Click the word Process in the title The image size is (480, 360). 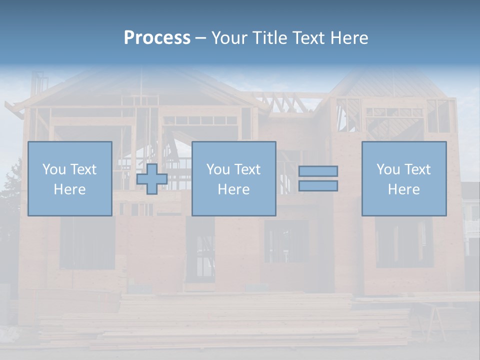click(157, 38)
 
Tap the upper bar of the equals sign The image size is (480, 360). click(318, 171)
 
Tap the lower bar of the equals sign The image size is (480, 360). click(318, 186)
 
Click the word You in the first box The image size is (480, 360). click(53, 169)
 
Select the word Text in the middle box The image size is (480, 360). click(247, 169)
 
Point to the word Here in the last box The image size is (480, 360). click(404, 189)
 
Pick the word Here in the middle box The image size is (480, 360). click(234, 189)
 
